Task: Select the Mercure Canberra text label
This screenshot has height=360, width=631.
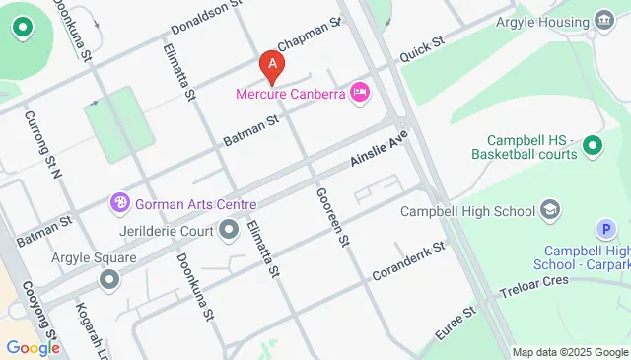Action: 289,95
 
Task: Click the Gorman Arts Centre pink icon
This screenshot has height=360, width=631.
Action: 120,203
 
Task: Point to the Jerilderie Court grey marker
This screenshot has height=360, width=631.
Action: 230,231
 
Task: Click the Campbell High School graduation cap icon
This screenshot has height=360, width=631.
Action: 550,210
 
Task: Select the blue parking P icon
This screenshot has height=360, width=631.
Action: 607,230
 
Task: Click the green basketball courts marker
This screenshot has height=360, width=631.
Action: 592,147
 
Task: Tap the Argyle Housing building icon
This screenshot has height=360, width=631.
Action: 603,22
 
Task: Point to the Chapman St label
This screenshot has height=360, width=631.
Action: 309,34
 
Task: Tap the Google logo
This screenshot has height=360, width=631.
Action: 32,347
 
